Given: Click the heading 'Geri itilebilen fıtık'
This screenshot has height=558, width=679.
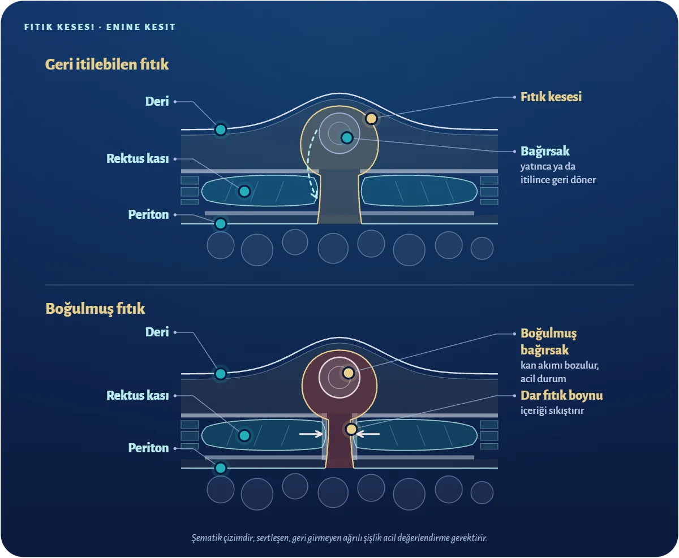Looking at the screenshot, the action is coord(106,64).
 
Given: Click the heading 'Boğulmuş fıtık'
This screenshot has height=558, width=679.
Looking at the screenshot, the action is coord(95,309).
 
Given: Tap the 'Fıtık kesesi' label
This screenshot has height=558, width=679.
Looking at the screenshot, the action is coord(551,97).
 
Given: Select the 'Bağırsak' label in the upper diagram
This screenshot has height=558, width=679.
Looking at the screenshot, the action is coord(545,151).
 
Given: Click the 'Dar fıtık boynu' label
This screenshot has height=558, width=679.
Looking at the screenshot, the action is coord(561,396).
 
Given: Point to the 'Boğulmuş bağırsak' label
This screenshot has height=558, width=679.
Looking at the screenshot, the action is coord(549,341).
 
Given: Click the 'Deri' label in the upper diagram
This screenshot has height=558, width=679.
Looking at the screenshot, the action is coord(157,101).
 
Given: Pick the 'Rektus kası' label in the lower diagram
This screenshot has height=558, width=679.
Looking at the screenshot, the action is coord(137,395).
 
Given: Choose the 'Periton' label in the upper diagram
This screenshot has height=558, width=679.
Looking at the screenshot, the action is coord(148,214).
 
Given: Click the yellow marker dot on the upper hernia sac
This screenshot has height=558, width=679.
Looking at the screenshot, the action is coord(371,118).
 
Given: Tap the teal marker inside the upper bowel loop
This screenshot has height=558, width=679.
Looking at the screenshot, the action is coord(347,137).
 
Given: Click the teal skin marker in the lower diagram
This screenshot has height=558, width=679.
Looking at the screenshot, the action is coord(221,374).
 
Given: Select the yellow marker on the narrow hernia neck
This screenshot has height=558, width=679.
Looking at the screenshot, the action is coord(351,429).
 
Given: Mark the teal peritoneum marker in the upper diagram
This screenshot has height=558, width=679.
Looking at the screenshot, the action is coord(221,223).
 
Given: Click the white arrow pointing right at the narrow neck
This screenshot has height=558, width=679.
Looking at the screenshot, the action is coord(311,434).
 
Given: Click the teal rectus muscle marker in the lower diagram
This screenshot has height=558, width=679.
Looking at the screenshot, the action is coord(244,435).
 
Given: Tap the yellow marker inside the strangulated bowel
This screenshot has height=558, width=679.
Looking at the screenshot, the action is coord(349,373).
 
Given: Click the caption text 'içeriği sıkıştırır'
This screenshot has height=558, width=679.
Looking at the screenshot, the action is coord(552,410).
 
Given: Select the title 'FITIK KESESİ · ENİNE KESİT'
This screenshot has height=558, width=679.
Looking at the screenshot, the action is coord(100,27).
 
